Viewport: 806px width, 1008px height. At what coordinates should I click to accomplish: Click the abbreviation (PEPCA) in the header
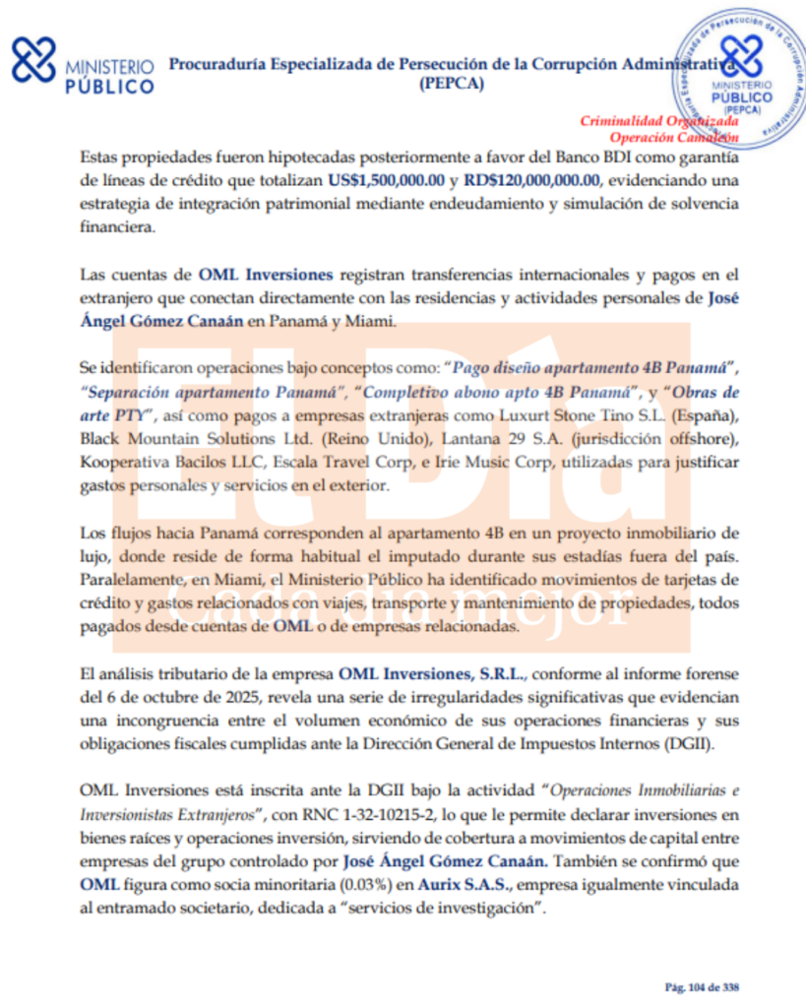point(451,84)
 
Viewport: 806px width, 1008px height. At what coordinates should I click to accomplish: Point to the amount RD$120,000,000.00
point(534,181)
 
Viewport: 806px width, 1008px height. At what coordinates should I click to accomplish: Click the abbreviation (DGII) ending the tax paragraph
point(692,744)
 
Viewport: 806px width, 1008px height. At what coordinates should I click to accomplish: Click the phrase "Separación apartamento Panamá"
point(210,388)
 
